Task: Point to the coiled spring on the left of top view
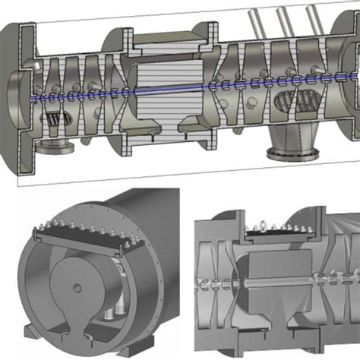(55, 119)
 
